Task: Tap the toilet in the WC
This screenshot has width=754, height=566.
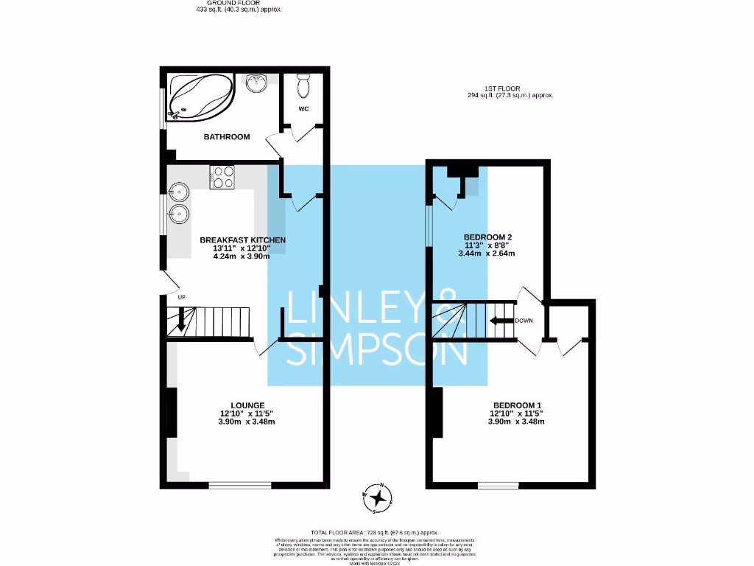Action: click(303, 86)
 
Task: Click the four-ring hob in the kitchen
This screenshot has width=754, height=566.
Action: click(223, 177)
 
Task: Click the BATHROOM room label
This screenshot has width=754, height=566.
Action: click(227, 136)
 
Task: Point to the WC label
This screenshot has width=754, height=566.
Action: click(303, 109)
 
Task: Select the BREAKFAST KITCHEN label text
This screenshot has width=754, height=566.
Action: click(243, 240)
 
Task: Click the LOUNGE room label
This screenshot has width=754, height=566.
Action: click(247, 405)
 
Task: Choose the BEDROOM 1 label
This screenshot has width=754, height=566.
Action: click(517, 405)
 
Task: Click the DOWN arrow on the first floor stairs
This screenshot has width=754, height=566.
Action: click(502, 321)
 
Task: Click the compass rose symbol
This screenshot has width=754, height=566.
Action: click(378, 499)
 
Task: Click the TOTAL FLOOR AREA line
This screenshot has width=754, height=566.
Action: click(374, 532)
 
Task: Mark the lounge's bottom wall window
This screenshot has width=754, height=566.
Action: click(239, 485)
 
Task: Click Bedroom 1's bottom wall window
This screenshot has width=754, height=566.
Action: click(498, 485)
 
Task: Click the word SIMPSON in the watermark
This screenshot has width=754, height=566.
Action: click(376, 352)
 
